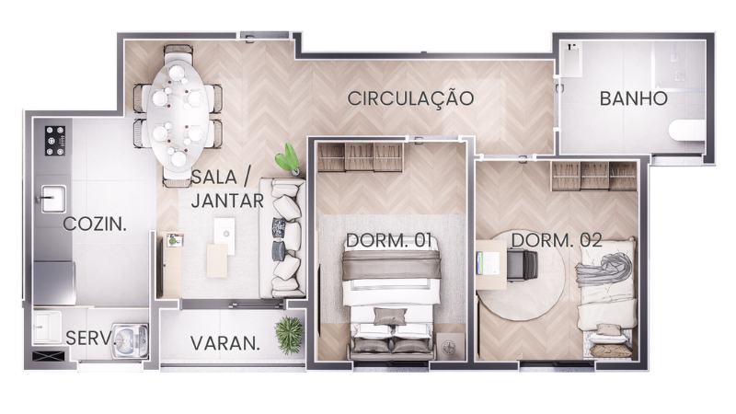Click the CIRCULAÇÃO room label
pos(410,99)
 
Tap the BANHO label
pos(633,99)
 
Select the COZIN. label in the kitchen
pos(95,224)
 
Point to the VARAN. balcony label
pos(224,343)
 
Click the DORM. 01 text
pos(388,240)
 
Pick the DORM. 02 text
pos(557,240)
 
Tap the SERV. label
pos(89,338)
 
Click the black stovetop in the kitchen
pos(55,141)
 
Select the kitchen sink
pos(52,199)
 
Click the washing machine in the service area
pos(130,338)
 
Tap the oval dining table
pos(178,116)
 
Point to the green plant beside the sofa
pos(288,158)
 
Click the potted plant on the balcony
pos(289,334)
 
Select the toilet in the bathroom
pos(687,131)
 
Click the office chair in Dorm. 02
pos(522,265)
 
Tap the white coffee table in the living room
pos(224,236)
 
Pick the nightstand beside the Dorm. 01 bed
pos(450,348)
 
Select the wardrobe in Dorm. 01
pos(360,156)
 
